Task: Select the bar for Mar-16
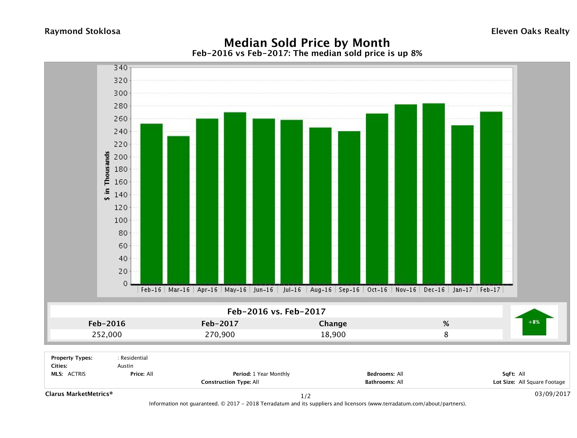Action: (178, 210)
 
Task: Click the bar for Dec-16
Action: (434, 194)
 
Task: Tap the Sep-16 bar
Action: (349, 208)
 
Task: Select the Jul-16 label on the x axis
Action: (292, 290)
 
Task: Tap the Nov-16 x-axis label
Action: (406, 290)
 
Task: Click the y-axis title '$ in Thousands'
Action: (107, 176)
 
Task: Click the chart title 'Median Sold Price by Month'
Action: (307, 43)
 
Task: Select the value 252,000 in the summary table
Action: (107, 334)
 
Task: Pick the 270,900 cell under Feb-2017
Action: (220, 334)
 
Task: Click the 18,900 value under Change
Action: (333, 334)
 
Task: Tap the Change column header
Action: (333, 324)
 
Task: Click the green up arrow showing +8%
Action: (534, 322)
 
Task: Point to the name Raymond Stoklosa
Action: (82, 31)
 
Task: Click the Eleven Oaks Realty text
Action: (530, 31)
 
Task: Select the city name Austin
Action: (125, 366)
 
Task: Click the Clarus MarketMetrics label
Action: (79, 394)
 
